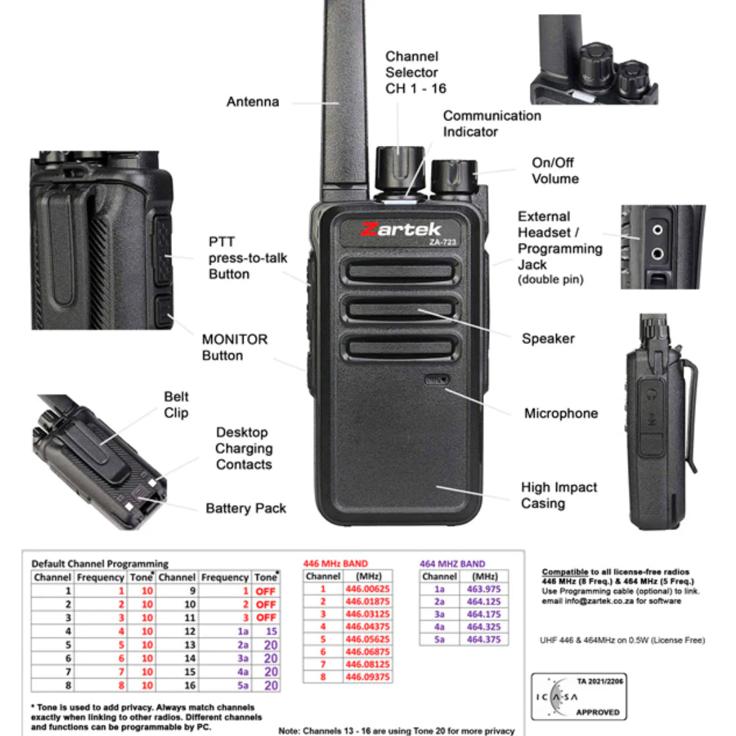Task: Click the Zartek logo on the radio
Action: pos(401,229)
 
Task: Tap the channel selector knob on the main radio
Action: pos(399,165)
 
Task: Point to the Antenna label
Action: pos(252,102)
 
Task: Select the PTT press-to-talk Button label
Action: pos(248,258)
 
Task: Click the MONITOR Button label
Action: pos(234,347)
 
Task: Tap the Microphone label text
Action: pos(561,413)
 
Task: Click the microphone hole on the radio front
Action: pos(436,380)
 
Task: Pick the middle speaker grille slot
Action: pos(400,310)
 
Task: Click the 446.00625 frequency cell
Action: pos(367,589)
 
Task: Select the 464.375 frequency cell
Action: pos(484,639)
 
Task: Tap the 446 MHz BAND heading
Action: pos(335,563)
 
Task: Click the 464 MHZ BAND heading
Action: pos(452,563)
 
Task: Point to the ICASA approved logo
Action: pos(579,697)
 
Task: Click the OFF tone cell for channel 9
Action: pos(266,591)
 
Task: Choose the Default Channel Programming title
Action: pos(100,563)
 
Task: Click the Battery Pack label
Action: pos(246,509)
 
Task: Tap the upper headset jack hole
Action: pos(658,230)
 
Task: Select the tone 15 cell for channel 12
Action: pos(271,631)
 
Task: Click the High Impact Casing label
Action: pos(559,495)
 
